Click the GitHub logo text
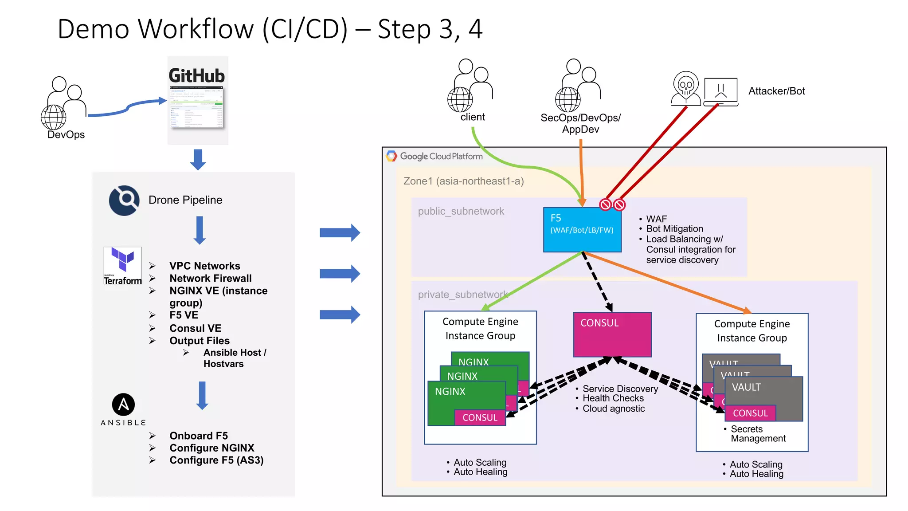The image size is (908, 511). click(197, 76)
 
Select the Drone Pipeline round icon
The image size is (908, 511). click(124, 200)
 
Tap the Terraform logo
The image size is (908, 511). click(122, 266)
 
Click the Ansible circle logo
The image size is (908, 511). click(123, 404)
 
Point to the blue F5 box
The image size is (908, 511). click(582, 230)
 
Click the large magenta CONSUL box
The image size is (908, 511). click(612, 334)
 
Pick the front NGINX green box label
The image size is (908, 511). click(450, 392)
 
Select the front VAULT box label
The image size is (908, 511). click(746, 387)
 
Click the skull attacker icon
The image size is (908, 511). click(685, 88)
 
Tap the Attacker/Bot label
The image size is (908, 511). click(776, 91)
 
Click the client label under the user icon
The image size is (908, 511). click(473, 117)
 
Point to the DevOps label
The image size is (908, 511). click(66, 135)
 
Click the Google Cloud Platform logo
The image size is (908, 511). click(434, 156)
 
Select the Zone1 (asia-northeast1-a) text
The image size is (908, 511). click(463, 181)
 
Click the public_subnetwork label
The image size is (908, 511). click(461, 211)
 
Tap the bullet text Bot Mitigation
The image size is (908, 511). click(674, 229)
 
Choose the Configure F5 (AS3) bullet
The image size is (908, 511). click(216, 460)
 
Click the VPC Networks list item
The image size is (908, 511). click(204, 266)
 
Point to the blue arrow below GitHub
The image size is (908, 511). click(198, 159)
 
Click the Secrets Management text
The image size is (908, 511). click(758, 434)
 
